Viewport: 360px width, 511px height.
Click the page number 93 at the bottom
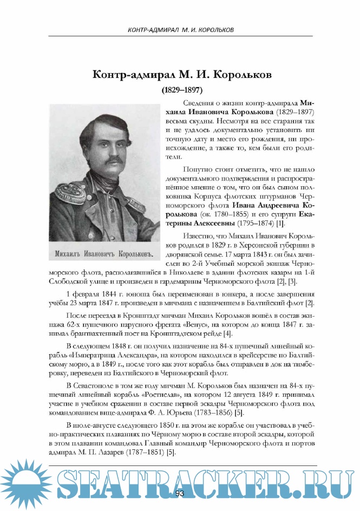(180, 493)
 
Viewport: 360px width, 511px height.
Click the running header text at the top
(180, 29)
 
